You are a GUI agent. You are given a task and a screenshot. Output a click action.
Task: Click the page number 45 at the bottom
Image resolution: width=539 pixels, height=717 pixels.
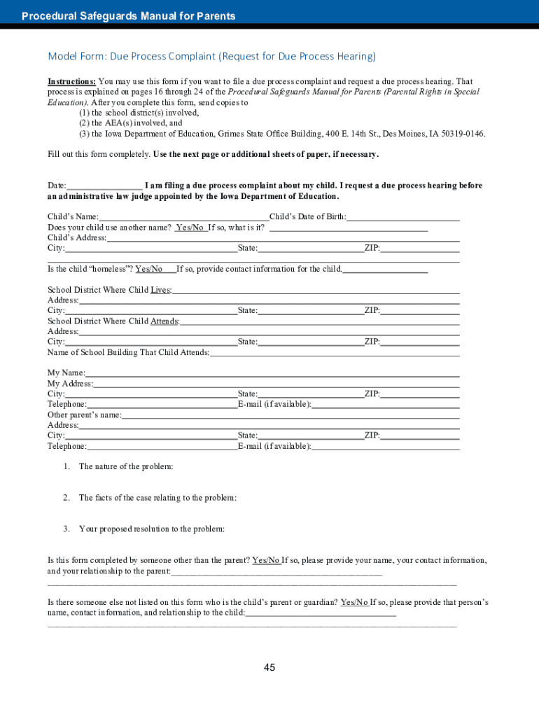269,667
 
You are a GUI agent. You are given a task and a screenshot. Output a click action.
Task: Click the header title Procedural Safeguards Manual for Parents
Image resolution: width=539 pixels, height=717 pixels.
128,16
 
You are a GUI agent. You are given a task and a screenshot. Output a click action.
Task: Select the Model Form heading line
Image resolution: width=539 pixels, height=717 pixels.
211,56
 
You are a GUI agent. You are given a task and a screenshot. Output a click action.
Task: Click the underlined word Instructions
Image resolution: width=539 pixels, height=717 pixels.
71,82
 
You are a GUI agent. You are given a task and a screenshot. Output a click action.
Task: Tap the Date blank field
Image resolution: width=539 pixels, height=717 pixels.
104,186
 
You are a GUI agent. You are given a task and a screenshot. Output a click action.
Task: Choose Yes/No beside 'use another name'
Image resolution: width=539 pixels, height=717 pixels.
190,228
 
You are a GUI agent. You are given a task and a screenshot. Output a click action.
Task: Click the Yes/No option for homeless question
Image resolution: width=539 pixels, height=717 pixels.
149,269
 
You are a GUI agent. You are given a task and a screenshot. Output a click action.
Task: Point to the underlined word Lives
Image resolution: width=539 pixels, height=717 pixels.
160,290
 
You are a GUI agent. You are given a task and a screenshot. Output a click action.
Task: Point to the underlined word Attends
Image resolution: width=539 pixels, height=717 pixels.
164,321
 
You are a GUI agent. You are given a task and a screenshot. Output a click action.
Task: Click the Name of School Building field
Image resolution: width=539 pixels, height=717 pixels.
334,353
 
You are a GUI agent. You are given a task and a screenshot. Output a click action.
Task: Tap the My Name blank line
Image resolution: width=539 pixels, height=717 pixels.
272,373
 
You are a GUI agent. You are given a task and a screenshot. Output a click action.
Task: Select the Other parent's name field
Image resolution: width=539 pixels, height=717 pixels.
290,415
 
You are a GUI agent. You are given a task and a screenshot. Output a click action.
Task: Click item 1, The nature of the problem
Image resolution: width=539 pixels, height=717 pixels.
126,466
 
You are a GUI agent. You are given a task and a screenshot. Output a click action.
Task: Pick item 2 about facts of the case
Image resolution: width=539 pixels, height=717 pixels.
157,498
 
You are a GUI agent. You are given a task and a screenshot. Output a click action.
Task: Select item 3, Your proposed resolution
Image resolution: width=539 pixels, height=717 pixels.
152,529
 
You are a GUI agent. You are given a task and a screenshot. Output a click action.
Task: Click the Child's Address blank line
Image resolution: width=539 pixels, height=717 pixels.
283,238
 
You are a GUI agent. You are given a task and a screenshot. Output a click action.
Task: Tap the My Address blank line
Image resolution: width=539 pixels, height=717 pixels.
276,384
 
